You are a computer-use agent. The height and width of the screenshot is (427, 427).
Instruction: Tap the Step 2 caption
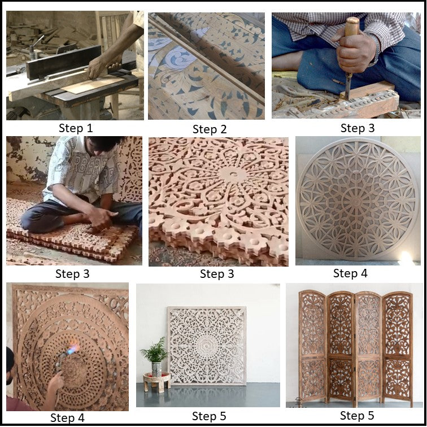[x=210, y=129]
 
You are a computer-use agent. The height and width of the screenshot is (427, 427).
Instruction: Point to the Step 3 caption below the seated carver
[x=74, y=274]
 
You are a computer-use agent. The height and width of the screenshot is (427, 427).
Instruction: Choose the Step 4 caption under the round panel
[x=350, y=273]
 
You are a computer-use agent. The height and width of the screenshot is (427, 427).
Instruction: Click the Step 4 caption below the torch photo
[x=68, y=418]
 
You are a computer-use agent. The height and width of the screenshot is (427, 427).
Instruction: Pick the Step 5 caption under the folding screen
[x=357, y=416]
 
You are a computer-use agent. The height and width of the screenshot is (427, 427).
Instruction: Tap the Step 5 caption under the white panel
[x=209, y=416]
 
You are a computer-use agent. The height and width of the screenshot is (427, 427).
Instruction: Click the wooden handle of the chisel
[x=351, y=34]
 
